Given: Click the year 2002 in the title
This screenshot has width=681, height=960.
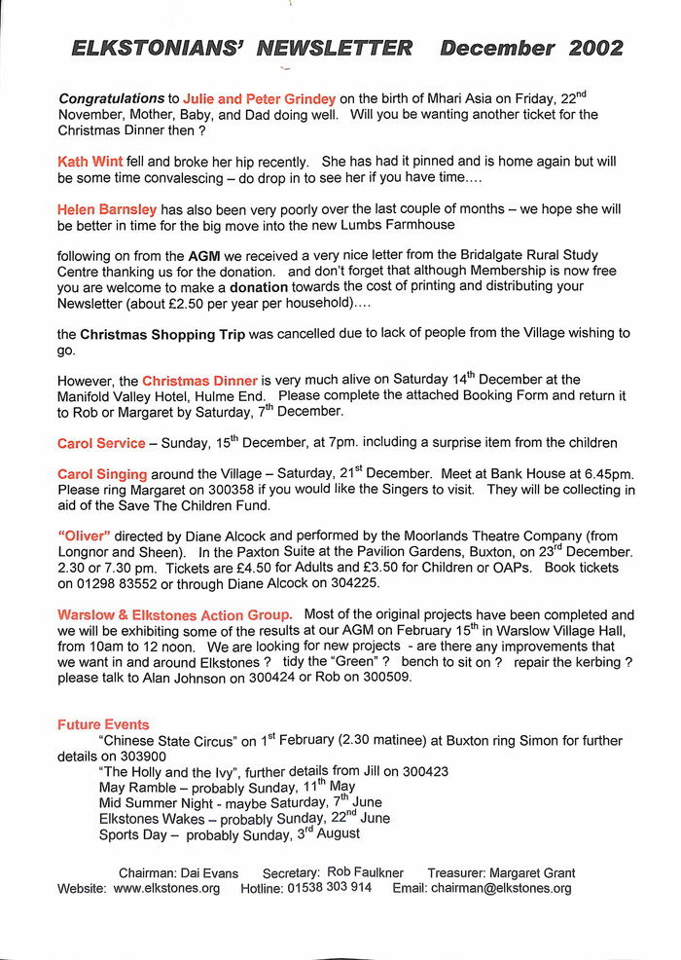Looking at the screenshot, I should [x=591, y=49].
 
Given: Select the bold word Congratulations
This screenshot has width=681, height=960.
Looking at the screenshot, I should [x=112, y=98].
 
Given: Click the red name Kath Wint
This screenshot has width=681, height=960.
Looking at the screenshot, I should [x=90, y=162].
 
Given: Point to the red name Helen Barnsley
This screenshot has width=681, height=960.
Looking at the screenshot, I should [x=107, y=209].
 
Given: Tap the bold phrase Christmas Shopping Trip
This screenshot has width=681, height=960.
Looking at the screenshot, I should [x=162, y=334].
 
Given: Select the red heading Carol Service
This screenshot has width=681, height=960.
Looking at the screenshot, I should [x=101, y=443].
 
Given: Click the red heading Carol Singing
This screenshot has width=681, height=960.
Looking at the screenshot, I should [x=103, y=473].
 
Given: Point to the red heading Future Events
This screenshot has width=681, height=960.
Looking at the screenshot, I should [x=103, y=724].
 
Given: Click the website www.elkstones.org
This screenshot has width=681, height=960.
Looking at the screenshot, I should [x=166, y=888].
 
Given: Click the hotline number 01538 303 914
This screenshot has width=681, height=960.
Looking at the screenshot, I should [x=329, y=888].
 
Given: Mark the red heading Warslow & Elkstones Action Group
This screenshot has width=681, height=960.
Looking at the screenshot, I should [x=174, y=615].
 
